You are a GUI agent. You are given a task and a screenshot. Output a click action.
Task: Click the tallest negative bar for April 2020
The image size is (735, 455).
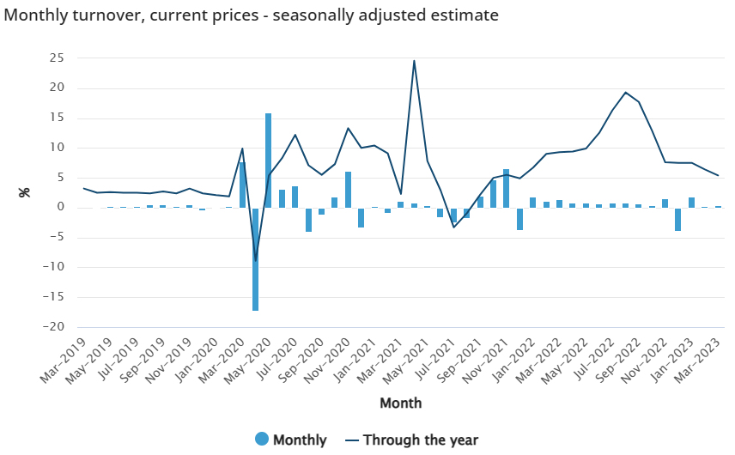(x=256, y=258)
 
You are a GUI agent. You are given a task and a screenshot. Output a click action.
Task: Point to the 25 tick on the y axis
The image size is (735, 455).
(x=57, y=58)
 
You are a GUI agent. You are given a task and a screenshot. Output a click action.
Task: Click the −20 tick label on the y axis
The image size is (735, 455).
(x=53, y=327)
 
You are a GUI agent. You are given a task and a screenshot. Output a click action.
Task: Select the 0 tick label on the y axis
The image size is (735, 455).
(x=61, y=208)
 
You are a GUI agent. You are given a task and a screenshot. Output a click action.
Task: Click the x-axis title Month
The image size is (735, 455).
(x=401, y=402)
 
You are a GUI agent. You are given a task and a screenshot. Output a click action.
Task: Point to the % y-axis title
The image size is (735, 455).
(x=24, y=192)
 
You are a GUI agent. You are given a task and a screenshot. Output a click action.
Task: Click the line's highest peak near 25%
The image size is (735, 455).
(x=414, y=61)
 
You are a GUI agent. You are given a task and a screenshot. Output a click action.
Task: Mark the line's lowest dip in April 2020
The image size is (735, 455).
(x=256, y=260)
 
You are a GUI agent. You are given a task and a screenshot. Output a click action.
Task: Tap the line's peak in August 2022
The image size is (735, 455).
(x=626, y=93)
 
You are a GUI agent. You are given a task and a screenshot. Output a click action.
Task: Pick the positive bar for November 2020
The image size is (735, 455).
(x=348, y=190)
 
